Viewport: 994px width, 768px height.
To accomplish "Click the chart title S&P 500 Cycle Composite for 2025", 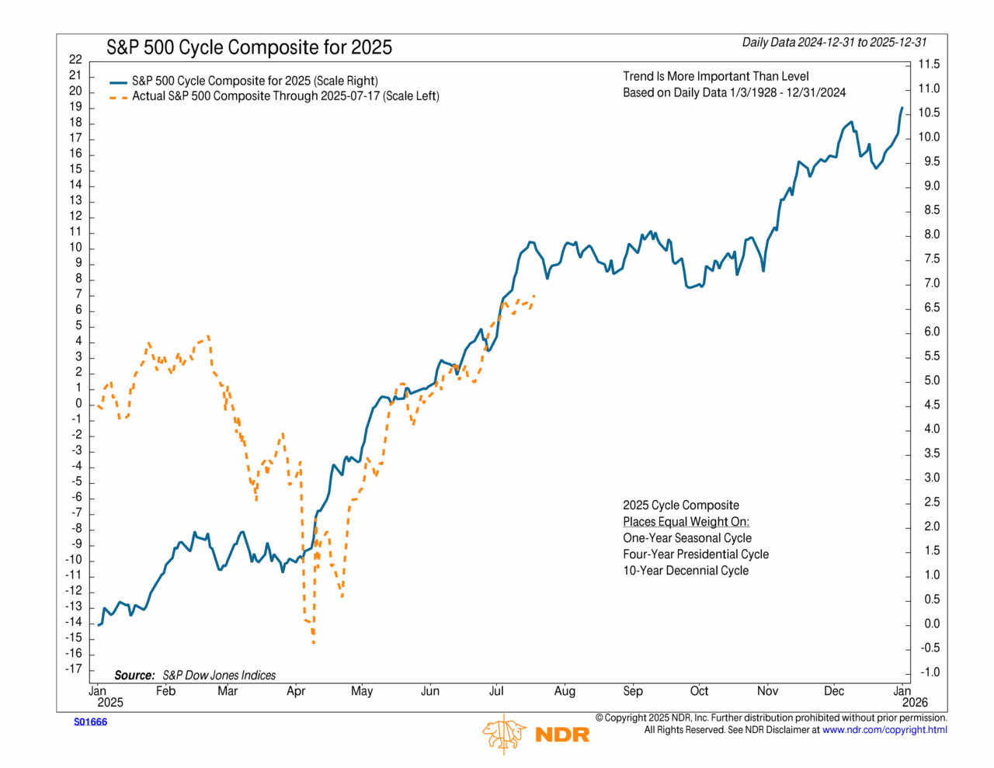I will pos(248,47).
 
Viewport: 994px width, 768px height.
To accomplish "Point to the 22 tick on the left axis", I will pos(75,59).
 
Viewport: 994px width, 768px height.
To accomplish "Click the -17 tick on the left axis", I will pos(74,669).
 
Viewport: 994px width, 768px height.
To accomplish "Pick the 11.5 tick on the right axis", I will pos(929,64).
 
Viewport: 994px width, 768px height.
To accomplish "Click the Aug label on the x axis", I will pos(565,691).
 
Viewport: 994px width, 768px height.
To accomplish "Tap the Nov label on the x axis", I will pos(767,691).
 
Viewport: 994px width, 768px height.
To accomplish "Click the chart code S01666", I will pos(90,722).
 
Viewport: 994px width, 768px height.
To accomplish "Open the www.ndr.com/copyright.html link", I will pos(885,730).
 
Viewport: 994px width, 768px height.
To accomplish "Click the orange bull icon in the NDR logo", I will pos(504,732).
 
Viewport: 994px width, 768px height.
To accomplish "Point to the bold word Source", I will pos(134,676).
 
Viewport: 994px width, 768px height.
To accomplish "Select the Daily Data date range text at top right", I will pos(834,43).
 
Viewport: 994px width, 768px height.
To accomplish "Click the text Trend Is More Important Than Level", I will pos(715,76).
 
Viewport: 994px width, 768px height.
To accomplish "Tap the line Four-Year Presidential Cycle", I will pos(695,554).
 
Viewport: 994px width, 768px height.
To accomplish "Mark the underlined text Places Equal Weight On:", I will pos(686,522).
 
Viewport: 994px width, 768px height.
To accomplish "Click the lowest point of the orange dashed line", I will pos(313,642).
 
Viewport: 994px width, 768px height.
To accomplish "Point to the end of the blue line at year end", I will pos(902,108).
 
